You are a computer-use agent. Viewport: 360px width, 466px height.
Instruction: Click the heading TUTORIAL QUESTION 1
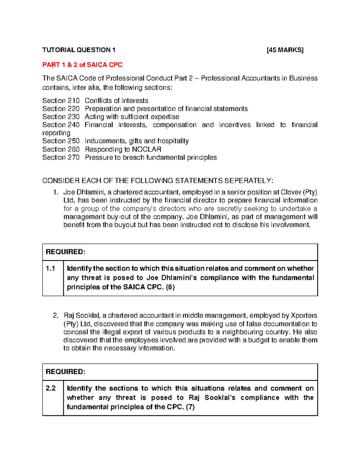pyautogui.click(x=79, y=50)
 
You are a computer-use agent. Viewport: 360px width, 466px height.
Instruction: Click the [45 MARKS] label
pyautogui.click(x=285, y=50)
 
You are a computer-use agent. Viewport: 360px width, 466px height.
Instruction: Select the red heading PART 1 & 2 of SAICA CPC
pyautogui.click(x=82, y=65)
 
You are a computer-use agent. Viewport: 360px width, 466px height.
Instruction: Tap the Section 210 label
pyautogui.click(x=61, y=101)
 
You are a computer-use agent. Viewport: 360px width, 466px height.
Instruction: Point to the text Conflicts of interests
pyautogui.click(x=116, y=101)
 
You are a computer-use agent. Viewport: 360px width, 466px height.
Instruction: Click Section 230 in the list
pyautogui.click(x=61, y=117)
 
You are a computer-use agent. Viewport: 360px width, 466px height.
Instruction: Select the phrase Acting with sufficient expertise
pyautogui.click(x=132, y=117)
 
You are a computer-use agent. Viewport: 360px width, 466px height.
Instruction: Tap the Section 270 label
pyautogui.click(x=61, y=157)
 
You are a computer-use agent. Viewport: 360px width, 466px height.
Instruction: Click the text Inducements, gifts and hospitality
pyautogui.click(x=137, y=141)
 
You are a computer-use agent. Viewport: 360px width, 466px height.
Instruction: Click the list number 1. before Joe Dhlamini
pyautogui.click(x=55, y=192)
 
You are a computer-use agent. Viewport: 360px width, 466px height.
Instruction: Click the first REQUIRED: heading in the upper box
pyautogui.click(x=65, y=252)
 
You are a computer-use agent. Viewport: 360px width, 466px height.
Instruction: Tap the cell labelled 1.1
pyautogui.click(x=51, y=269)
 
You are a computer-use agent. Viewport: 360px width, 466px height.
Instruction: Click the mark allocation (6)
pyautogui.click(x=170, y=287)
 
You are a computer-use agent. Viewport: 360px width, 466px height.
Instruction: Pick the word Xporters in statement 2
pyautogui.click(x=304, y=316)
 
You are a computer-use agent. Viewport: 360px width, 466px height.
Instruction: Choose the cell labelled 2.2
pyautogui.click(x=51, y=388)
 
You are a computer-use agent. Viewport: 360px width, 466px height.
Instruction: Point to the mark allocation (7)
pyautogui.click(x=190, y=407)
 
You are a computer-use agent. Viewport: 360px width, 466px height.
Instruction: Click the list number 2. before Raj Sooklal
pyautogui.click(x=55, y=316)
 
